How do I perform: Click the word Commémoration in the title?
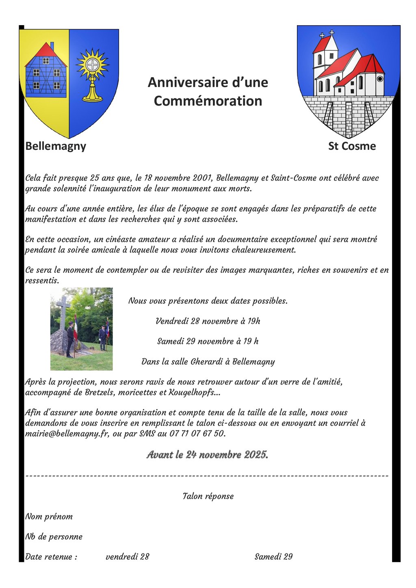click(208, 101)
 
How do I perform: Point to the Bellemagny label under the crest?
click(56, 146)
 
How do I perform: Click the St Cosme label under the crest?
click(352, 146)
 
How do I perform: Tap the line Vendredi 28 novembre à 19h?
click(208, 321)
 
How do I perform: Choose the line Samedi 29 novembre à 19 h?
click(208, 342)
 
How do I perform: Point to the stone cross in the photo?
click(63, 311)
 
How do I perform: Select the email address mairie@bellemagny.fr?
click(67, 434)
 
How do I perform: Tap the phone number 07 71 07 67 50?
click(197, 434)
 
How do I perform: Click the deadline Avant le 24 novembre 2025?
click(207, 455)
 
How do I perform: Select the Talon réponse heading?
click(208, 496)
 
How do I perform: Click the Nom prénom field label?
click(49, 517)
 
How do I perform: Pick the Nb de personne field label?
click(54, 537)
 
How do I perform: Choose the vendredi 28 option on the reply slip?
click(127, 557)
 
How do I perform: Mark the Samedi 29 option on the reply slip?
click(273, 557)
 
